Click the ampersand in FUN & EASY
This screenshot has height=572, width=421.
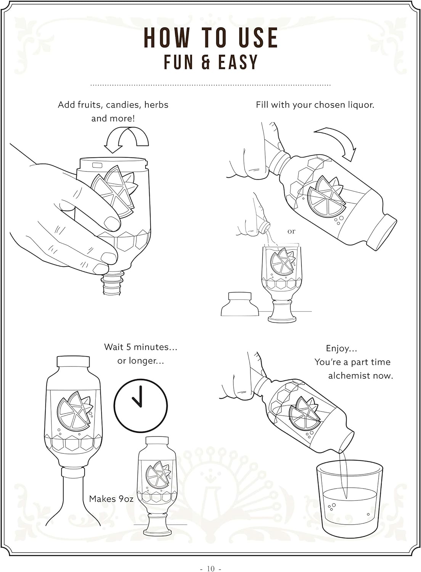[x=205, y=62]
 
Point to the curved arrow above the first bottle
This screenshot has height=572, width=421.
[x=126, y=140]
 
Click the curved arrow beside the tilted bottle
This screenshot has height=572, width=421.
[x=337, y=143]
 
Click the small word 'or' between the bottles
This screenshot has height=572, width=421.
[x=291, y=231]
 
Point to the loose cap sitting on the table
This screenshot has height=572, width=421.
[x=240, y=304]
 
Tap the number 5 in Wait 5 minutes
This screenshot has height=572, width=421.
[x=129, y=347]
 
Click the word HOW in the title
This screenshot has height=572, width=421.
[x=167, y=37]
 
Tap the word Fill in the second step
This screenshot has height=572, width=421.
[x=262, y=105]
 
